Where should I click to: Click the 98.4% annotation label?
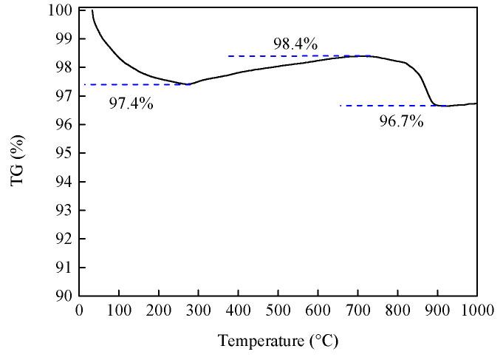tap(295, 44)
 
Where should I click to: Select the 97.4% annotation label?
tap(131, 103)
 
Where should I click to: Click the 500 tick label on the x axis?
tap(278, 312)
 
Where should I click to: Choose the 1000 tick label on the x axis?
tap(476, 312)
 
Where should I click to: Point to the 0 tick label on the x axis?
tap(80, 312)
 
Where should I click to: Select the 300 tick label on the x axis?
tap(199, 312)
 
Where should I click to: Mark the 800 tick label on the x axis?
tap(397, 312)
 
